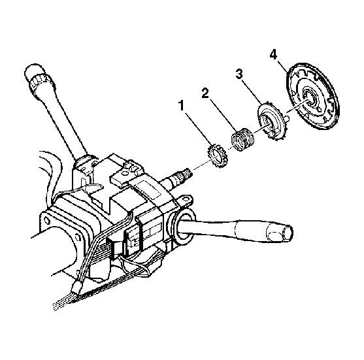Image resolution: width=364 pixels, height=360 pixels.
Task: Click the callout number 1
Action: (x=181, y=106)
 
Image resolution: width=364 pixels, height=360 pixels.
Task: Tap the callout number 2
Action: (x=205, y=93)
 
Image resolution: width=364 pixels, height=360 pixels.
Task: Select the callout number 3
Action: (x=239, y=74)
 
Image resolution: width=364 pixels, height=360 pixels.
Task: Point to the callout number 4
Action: (x=273, y=55)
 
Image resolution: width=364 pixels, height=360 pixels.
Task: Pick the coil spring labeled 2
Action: (x=242, y=139)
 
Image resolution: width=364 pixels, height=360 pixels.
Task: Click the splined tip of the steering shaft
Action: (x=184, y=174)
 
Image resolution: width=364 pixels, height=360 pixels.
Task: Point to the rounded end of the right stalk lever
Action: (x=287, y=233)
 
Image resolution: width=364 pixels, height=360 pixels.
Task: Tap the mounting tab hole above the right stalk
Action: (x=185, y=199)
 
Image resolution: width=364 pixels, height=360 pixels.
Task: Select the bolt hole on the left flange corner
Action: (x=46, y=220)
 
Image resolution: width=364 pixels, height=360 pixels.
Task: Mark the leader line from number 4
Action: (x=284, y=67)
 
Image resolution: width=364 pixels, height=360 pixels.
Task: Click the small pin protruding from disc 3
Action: (x=287, y=118)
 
